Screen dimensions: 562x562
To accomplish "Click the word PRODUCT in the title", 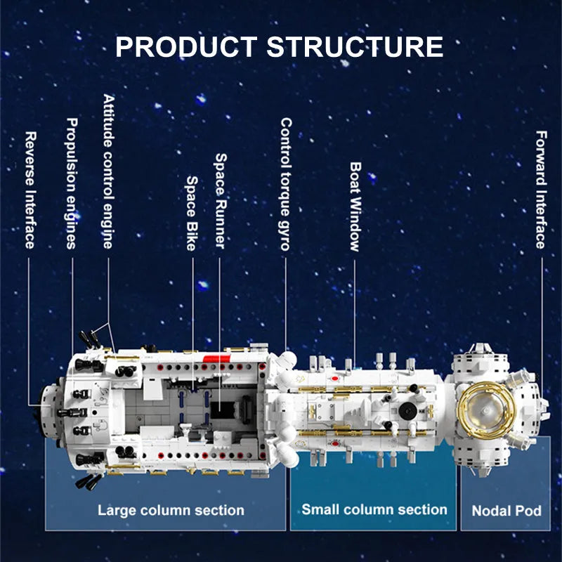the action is coord(186,46).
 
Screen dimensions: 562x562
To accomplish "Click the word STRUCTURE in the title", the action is coord(355,46).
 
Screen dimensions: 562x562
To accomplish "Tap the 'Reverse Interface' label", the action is coord(31,190).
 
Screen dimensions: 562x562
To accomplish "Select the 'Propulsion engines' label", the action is coord(72,183).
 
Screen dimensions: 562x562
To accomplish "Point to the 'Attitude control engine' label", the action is coord(109,171).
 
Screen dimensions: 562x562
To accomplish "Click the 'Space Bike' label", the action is coord(192,214).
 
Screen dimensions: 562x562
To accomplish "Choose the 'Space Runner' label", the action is coord(221,201).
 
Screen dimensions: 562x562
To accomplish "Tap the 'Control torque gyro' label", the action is coord(286,184).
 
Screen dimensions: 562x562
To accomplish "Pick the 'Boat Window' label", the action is coord(355,207).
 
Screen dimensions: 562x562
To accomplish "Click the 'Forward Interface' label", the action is coord(541,190).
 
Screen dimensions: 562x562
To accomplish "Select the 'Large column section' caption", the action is coord(171,510).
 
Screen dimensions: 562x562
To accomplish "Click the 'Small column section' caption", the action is coord(374,509).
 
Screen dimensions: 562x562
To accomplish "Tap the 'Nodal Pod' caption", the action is coord(507,511).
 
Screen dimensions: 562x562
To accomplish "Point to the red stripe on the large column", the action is coord(217,358).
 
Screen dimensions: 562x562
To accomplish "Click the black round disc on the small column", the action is coord(407,410).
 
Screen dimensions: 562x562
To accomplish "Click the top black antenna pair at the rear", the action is coord(89,339).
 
